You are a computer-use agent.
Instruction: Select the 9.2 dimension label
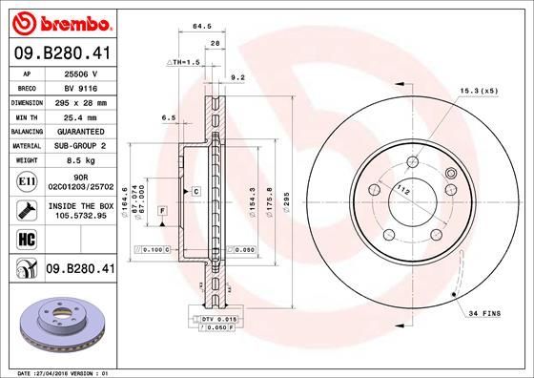[238, 77]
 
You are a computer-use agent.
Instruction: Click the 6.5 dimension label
[169, 117]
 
